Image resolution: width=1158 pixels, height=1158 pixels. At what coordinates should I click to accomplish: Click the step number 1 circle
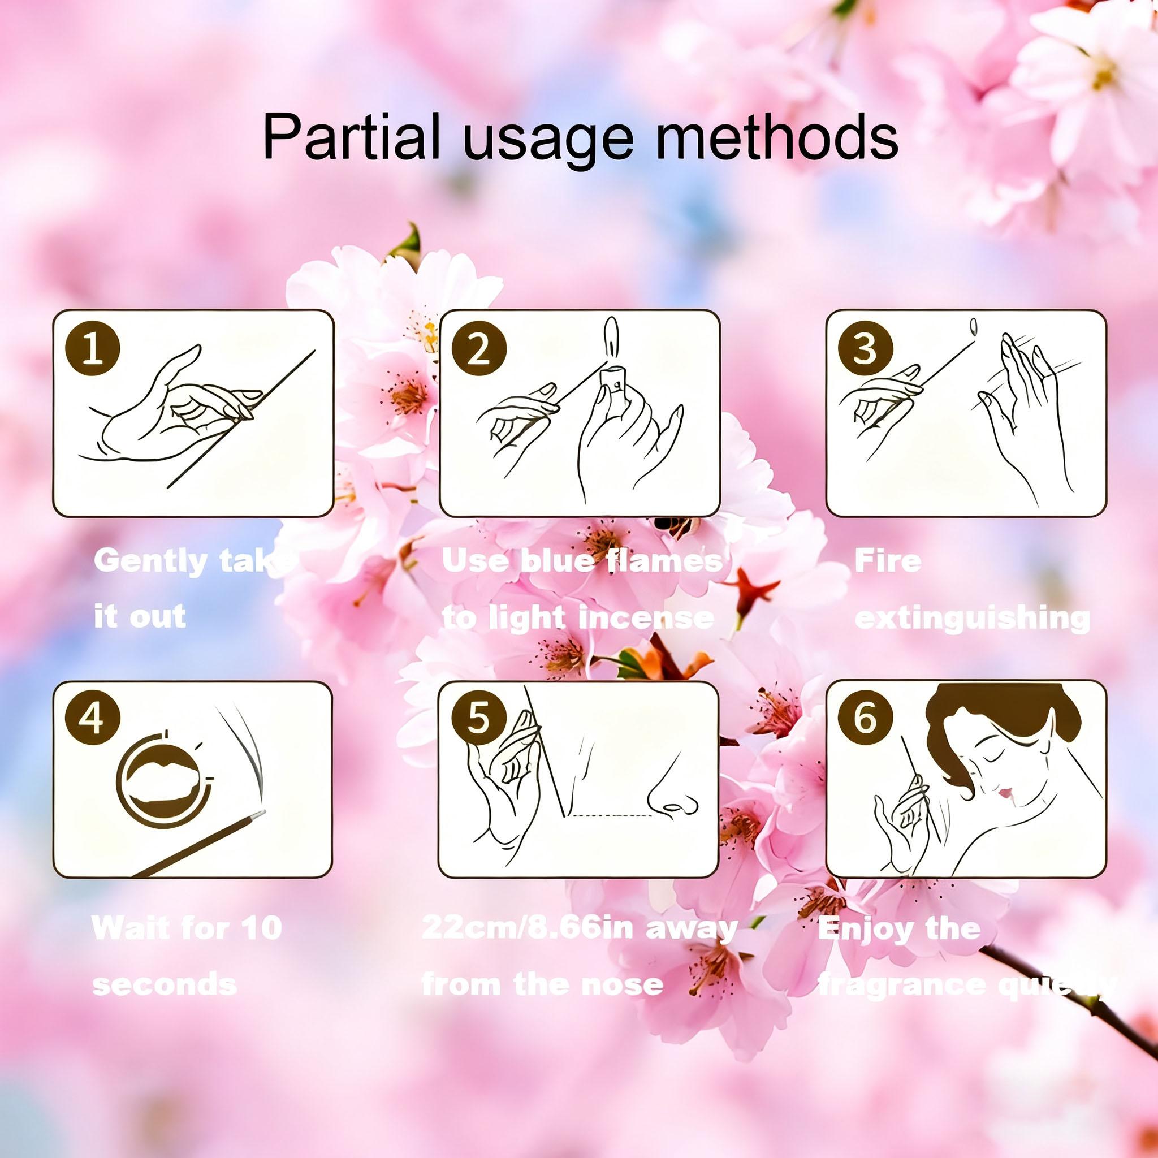pyautogui.click(x=92, y=349)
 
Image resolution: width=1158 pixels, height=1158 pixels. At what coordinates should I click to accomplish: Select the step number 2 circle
pyautogui.click(x=479, y=349)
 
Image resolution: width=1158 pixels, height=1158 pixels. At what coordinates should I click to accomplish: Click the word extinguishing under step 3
pyautogui.click(x=971, y=617)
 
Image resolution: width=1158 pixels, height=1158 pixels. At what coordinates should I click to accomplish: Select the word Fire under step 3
pyautogui.click(x=888, y=561)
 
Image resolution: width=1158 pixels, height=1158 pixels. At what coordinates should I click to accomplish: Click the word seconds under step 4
pyautogui.click(x=165, y=984)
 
